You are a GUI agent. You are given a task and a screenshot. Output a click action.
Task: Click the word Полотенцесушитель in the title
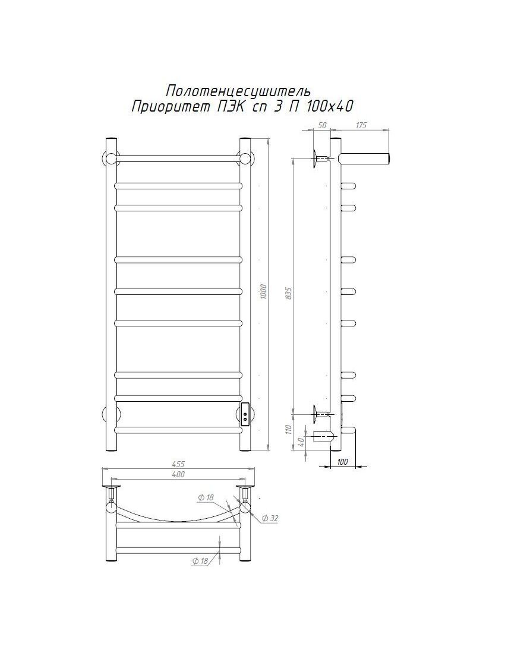pyautogui.click(x=238, y=90)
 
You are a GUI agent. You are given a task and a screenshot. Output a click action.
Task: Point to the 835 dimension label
pyautogui.click(x=289, y=293)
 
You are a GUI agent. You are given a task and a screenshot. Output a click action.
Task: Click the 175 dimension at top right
pyautogui.click(x=361, y=125)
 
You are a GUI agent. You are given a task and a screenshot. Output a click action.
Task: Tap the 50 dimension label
pyautogui.click(x=322, y=125)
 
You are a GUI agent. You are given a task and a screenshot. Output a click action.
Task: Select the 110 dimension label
pyautogui.click(x=289, y=430)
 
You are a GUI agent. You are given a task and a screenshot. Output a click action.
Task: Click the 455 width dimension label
pyautogui.click(x=178, y=464)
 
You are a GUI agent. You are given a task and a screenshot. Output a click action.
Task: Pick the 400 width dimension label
pyautogui.click(x=178, y=474)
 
